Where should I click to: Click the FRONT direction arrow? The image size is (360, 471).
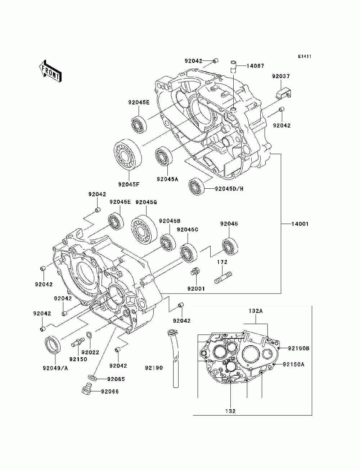click(50, 71)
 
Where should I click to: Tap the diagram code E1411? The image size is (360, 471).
click(305, 57)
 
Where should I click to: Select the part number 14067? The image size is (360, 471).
click(255, 66)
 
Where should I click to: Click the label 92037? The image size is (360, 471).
click(281, 76)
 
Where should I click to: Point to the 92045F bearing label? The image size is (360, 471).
click(129, 184)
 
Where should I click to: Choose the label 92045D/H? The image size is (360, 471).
click(229, 189)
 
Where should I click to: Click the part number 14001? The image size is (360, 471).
click(300, 224)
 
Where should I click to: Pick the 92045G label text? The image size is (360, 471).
click(146, 202)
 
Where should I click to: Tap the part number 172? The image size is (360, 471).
click(222, 262)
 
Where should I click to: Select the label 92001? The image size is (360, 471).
click(196, 289)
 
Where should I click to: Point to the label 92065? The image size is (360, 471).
click(116, 379)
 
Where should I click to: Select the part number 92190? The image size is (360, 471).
click(154, 368)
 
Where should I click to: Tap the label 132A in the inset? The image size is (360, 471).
click(256, 311)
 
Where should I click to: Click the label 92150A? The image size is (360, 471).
click(294, 364)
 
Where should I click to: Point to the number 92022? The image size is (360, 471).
click(90, 352)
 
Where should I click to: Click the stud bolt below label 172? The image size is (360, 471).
click(223, 278)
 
